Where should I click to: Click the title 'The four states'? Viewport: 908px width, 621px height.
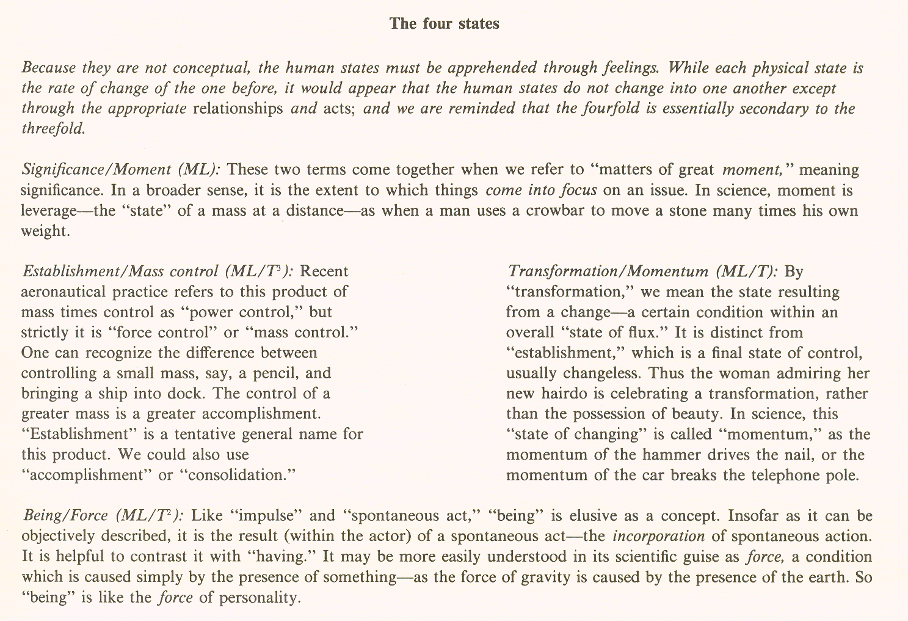pos(445,24)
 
